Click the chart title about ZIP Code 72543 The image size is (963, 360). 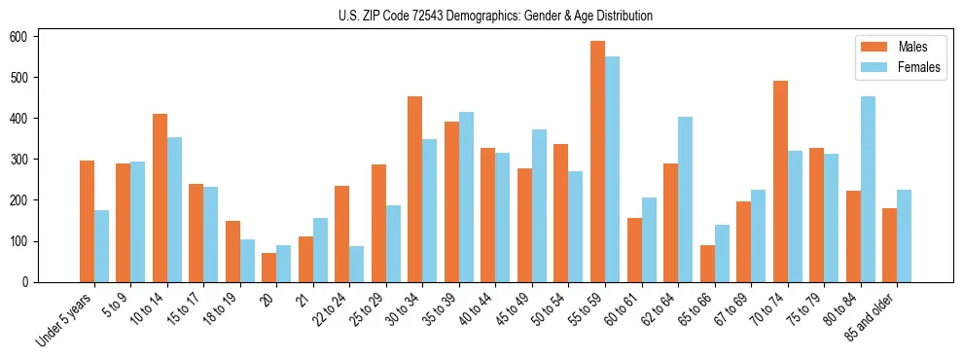481,16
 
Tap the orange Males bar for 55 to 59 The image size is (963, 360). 597,162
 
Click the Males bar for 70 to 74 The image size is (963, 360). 780,182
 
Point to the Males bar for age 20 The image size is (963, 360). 268,268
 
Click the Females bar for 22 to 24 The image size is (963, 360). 357,264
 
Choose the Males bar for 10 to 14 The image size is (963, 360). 160,198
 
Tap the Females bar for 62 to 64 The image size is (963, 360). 685,199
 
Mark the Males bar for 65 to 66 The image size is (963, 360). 707,264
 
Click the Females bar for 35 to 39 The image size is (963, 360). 466,198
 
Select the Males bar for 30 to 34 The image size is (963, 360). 415,190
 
